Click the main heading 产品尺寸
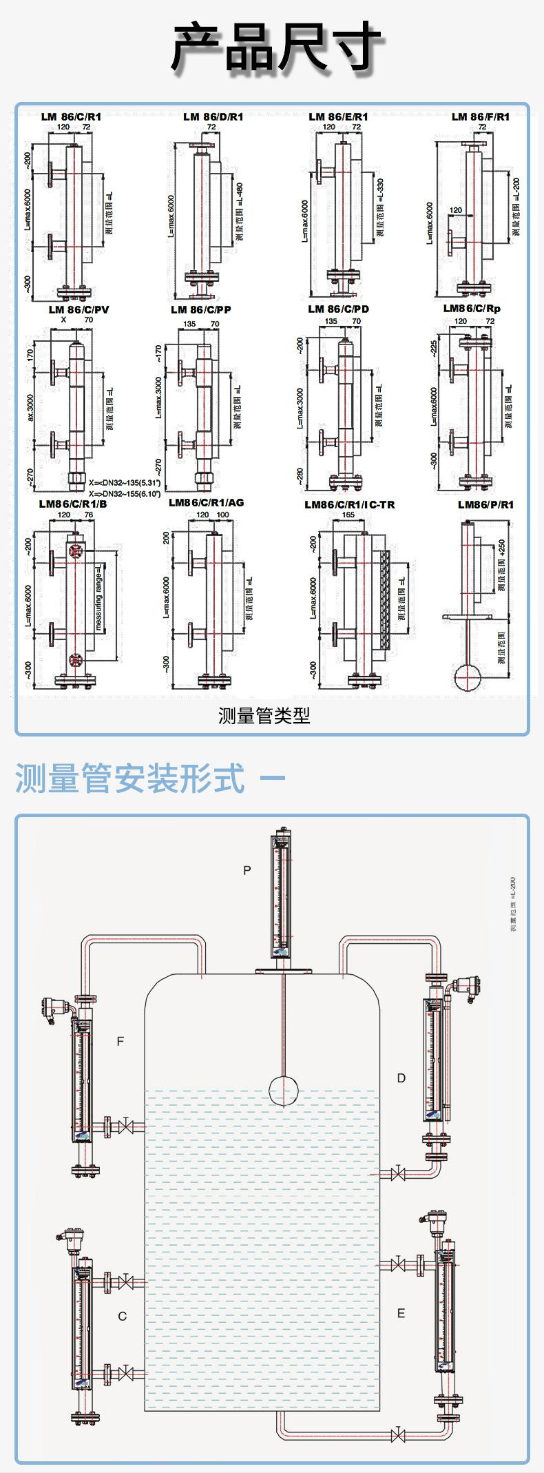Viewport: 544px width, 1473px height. pos(275,47)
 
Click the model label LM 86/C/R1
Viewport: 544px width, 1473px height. pos(71,117)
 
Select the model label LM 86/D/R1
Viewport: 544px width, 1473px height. pos(213,117)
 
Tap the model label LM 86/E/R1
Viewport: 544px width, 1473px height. pos(338,117)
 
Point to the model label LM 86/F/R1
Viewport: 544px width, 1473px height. pos(481,117)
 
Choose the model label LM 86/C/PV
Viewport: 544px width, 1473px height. pos(79,309)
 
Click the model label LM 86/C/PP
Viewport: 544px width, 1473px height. pos(201,309)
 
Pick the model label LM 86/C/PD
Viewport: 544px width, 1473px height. pos(338,309)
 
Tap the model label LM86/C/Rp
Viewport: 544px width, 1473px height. pos(472,309)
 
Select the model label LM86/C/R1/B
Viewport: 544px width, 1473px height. pos(73,504)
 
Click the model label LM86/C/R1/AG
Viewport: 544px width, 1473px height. pos(207,503)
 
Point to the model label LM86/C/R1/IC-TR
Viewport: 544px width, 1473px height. pos(350,504)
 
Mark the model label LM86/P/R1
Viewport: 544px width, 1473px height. pos(485,504)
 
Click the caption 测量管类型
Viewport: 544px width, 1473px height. pos(264,716)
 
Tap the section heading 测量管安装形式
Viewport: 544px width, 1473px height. pos(129,779)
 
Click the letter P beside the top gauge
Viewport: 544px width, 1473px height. pos(247,870)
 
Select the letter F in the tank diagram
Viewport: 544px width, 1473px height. pos(121,1041)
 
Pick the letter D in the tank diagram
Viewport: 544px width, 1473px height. pos(401,1078)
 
